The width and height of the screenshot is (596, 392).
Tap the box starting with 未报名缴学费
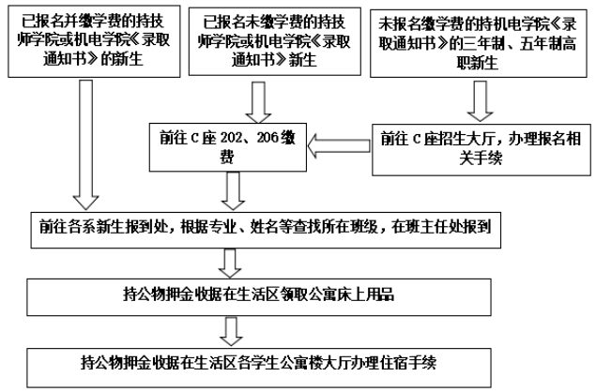click(x=481, y=44)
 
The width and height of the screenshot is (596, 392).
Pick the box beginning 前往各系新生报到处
click(x=272, y=228)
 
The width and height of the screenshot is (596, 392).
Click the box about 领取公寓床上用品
click(x=272, y=294)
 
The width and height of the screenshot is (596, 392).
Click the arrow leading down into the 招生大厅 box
click(x=481, y=99)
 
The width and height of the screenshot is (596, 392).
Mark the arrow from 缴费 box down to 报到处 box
click(x=231, y=192)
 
